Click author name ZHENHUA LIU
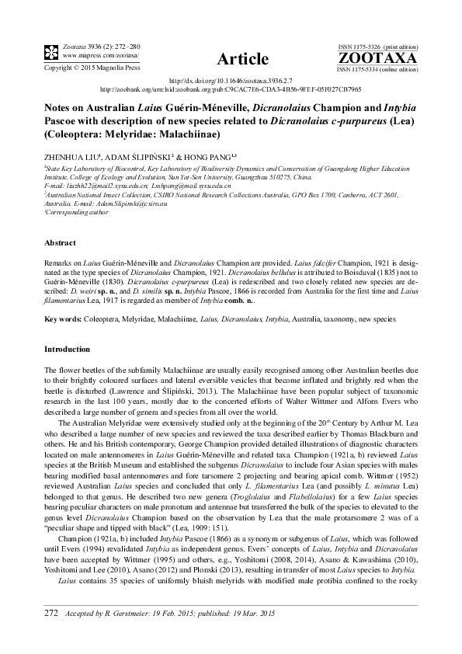tap(75, 155)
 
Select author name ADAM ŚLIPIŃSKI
tap(148, 155)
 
